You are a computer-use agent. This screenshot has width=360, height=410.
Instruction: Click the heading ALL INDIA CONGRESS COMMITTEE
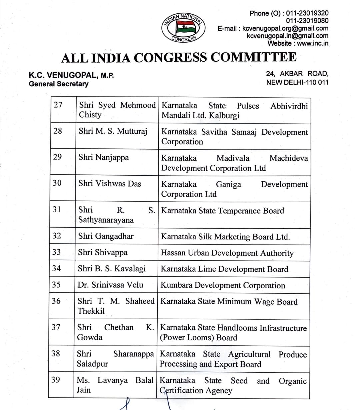tap(179, 58)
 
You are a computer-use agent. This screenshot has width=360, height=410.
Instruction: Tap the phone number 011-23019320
tap(307, 13)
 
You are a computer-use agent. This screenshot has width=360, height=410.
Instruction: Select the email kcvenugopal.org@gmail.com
tap(285, 28)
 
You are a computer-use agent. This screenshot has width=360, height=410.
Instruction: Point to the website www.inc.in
tap(312, 43)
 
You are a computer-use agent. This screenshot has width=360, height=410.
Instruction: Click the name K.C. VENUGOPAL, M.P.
tap(71, 75)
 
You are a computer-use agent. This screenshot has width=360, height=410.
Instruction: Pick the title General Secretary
tap(59, 84)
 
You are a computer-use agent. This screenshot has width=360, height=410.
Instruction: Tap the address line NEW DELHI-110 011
tap(297, 82)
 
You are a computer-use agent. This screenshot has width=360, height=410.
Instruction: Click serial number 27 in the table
tap(58, 105)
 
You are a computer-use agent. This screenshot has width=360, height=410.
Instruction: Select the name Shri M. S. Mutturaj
tap(113, 131)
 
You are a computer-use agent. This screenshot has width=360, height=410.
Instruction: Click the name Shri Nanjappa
tap(104, 157)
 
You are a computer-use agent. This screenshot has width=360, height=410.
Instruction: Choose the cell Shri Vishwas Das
tap(110, 183)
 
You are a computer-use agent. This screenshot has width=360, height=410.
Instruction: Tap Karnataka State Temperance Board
tap(222, 211)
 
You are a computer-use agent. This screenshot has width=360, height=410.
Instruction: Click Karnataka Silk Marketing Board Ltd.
tap(225, 237)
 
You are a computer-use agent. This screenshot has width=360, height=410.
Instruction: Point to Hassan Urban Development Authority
tap(227, 253)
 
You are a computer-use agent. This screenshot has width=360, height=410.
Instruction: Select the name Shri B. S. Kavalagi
tap(112, 269)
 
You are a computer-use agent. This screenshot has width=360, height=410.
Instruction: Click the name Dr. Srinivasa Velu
tap(110, 285)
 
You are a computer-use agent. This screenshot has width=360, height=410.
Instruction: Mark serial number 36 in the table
tap(56, 301)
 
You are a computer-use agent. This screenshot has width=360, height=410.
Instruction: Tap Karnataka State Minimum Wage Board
tap(229, 301)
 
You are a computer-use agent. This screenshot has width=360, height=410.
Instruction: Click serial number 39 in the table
tap(56, 380)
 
